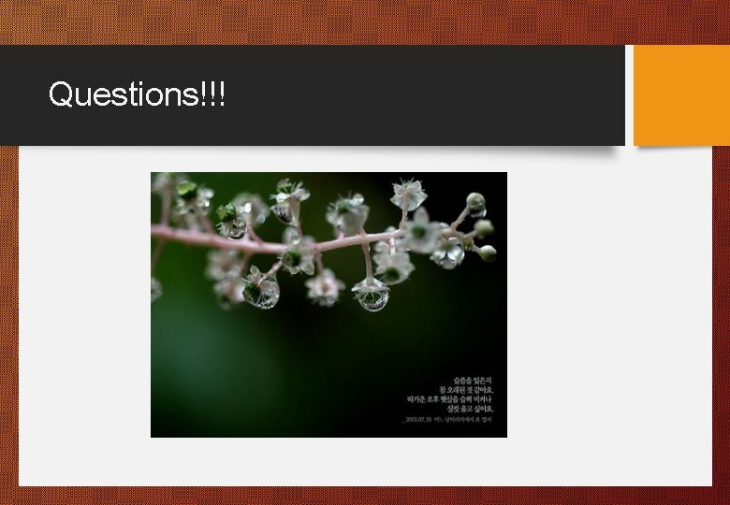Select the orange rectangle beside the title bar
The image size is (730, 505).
pyautogui.click(x=681, y=95)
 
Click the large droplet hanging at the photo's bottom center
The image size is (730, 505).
pyautogui.click(x=372, y=296)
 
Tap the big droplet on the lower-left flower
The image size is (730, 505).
pyautogui.click(x=261, y=292)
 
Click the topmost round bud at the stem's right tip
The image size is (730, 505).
pyautogui.click(x=475, y=200)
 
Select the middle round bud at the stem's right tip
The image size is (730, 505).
pyautogui.click(x=483, y=227)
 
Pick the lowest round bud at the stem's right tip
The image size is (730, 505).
pyautogui.click(x=487, y=252)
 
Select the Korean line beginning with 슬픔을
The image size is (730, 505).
pyautogui.click(x=473, y=380)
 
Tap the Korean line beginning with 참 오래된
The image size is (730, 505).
pyautogui.click(x=466, y=389)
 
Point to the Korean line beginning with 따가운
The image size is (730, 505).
pyautogui.click(x=450, y=399)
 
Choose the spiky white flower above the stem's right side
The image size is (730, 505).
pyautogui.click(x=408, y=195)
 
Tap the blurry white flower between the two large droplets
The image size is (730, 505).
pyautogui.click(x=325, y=287)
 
